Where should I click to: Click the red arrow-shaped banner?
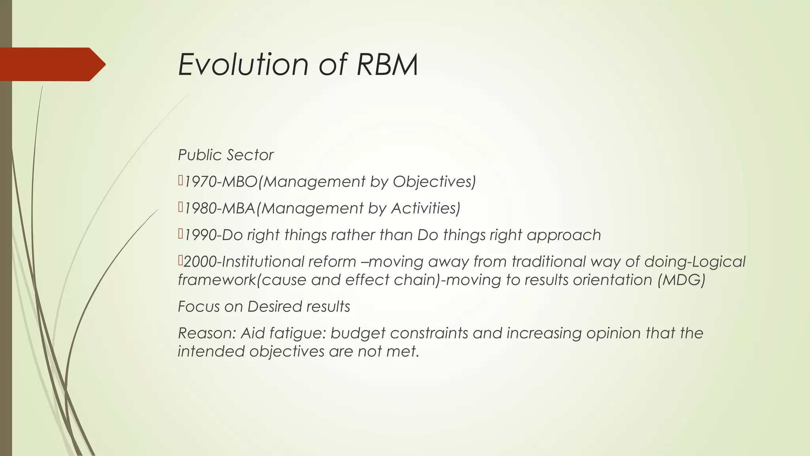point(51,64)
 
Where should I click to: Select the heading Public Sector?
point(225,155)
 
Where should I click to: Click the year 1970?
point(201,182)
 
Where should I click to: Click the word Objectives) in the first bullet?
point(434,182)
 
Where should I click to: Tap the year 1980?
point(201,208)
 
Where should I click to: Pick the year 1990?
point(201,235)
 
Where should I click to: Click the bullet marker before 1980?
point(180,207)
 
